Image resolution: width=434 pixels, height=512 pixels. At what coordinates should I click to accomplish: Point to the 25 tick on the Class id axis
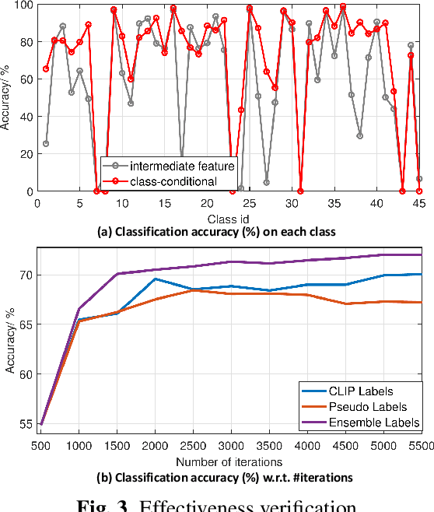coord(250,202)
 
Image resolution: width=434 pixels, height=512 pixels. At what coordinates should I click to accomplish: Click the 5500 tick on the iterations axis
coord(421,444)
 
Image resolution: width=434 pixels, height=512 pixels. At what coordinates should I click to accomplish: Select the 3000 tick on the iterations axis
coord(230,444)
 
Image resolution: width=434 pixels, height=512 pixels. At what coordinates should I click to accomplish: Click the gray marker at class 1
coord(46,144)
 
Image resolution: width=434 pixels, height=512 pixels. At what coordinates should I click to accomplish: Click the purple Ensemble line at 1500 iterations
coord(117,274)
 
